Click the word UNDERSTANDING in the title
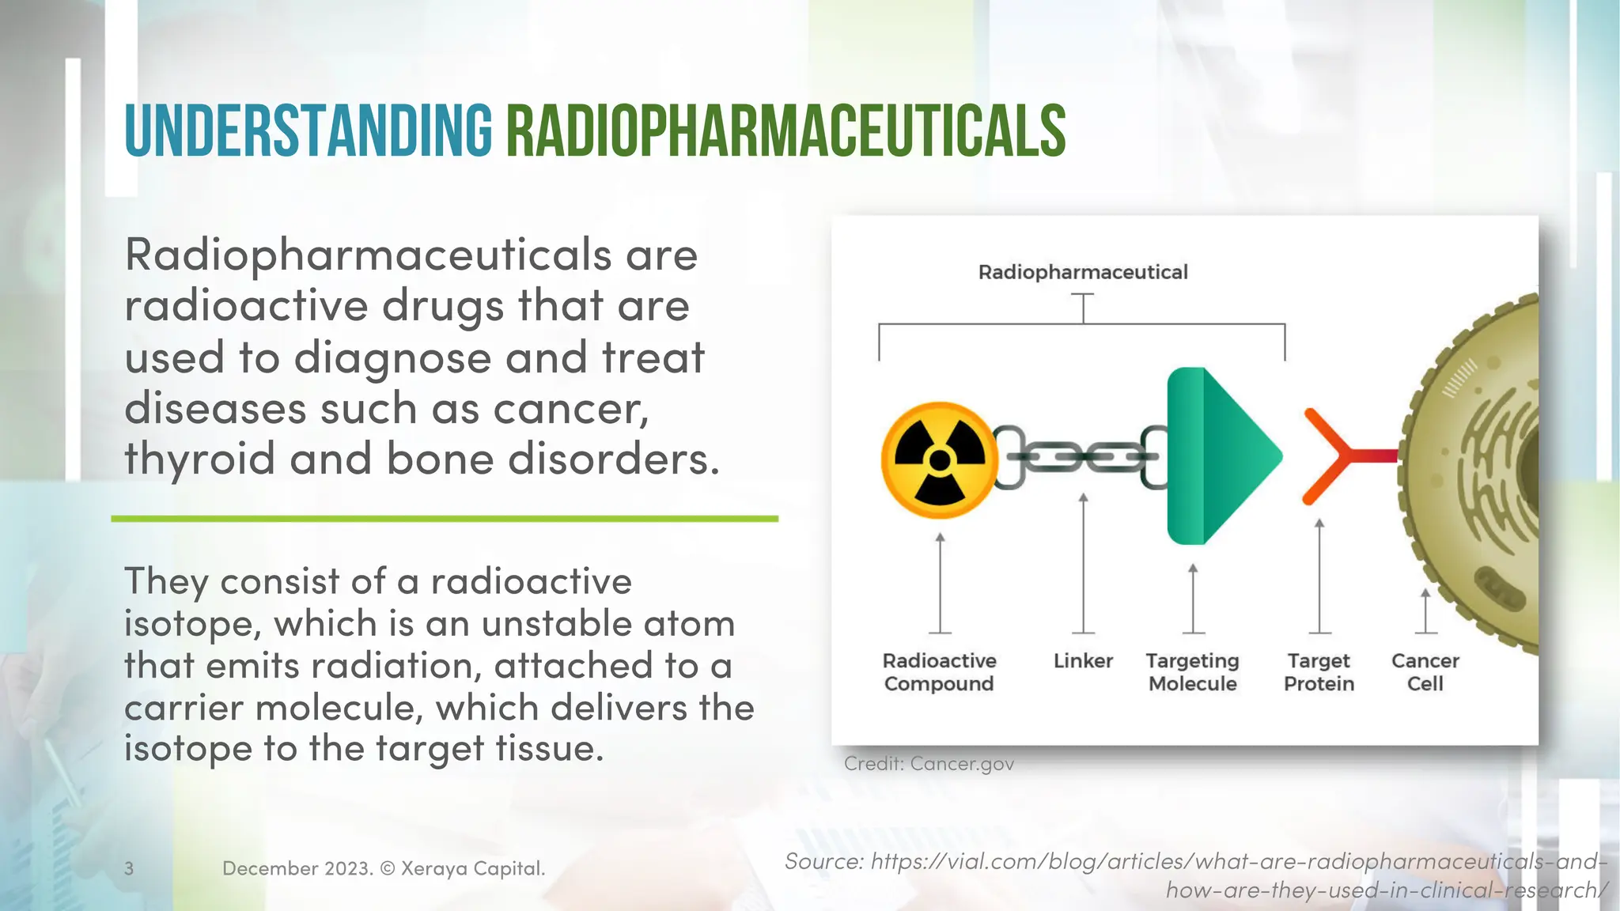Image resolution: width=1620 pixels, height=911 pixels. (x=308, y=131)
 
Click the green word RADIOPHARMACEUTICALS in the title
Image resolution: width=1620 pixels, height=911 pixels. (x=785, y=131)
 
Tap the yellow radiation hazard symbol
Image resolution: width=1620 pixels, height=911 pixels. (x=940, y=459)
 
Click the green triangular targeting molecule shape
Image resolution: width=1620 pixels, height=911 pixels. (x=1222, y=456)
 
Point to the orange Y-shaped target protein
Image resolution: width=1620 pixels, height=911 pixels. (x=1337, y=456)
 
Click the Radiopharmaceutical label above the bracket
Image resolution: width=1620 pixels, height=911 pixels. (x=1083, y=272)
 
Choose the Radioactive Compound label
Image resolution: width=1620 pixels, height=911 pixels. (x=939, y=672)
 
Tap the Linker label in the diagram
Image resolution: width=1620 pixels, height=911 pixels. (x=1083, y=661)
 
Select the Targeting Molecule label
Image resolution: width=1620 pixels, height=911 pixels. (x=1192, y=672)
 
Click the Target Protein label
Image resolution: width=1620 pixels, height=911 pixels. (x=1319, y=672)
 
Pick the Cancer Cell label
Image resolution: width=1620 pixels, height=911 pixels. (x=1425, y=672)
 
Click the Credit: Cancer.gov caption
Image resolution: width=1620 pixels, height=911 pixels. (x=929, y=764)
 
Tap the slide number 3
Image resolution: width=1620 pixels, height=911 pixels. (x=129, y=868)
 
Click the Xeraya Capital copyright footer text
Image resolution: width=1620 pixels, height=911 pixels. (x=384, y=868)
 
